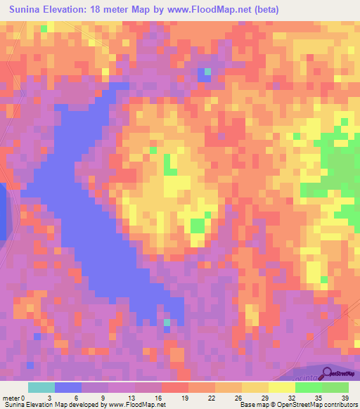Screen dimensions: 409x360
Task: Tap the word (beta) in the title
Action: [262, 10]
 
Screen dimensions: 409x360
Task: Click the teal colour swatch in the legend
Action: [41, 387]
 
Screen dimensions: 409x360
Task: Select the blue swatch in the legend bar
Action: [68, 387]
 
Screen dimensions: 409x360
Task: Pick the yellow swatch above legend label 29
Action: [255, 387]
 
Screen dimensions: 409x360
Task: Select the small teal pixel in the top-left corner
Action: [44, 28]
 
